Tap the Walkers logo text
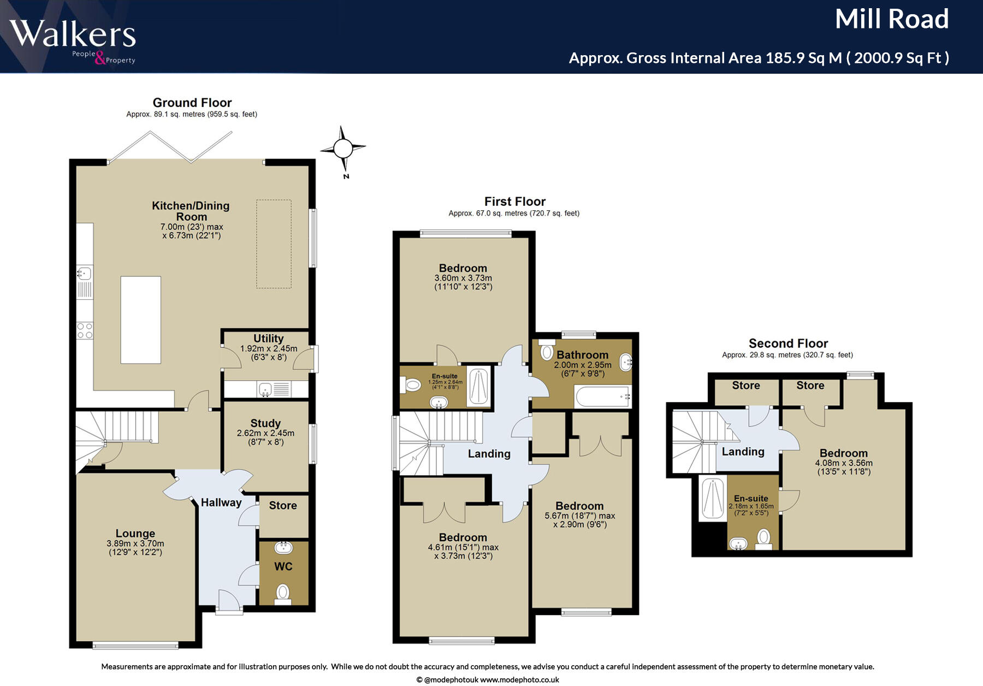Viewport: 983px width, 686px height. (x=73, y=34)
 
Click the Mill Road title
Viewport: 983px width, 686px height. (x=891, y=20)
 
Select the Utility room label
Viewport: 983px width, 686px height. (x=268, y=339)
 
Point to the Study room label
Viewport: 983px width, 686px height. (x=265, y=423)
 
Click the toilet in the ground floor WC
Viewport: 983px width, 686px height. (x=283, y=593)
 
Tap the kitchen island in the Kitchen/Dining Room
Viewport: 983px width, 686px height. (x=140, y=320)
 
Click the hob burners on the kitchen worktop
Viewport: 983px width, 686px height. (x=85, y=330)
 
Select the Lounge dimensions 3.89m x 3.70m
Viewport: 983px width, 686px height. (x=135, y=543)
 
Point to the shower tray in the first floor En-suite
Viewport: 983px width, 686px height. (x=478, y=387)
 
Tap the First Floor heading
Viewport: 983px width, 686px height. (x=514, y=202)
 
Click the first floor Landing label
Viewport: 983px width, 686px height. (x=489, y=454)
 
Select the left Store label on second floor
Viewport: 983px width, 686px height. (x=745, y=386)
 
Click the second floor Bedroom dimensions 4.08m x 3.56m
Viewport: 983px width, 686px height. (x=843, y=463)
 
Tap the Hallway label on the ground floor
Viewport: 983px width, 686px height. (x=221, y=502)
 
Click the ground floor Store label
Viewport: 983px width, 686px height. (x=283, y=506)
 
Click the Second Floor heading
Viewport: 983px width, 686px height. (x=787, y=344)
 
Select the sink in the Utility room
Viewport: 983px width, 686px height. (x=265, y=389)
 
